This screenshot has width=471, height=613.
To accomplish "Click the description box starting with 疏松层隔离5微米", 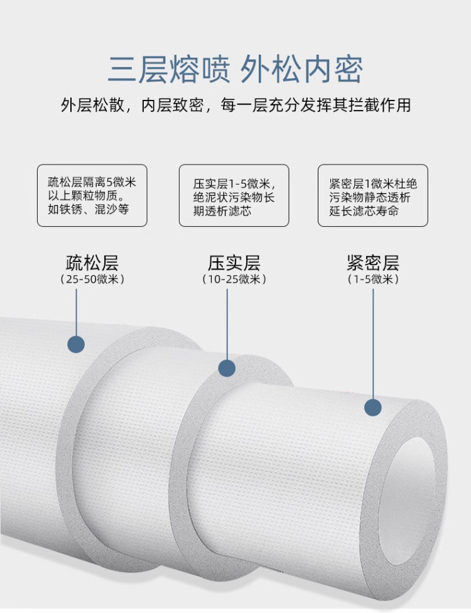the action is pos(92,195).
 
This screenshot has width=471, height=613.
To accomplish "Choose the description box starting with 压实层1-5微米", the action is pos(234,195).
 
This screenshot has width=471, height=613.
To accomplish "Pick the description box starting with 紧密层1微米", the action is pos(373,195).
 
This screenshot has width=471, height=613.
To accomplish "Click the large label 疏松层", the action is pos(92,262).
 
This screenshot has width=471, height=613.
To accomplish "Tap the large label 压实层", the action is pos(234,262).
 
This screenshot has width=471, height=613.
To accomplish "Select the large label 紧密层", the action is pos(373,262).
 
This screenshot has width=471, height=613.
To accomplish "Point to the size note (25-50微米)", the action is pos(92,279).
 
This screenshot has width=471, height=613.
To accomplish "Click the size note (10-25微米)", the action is pos(234,279).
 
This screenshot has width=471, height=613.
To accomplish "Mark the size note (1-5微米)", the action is pos(373,279).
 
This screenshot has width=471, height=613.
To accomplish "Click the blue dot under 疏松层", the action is pos(76,344).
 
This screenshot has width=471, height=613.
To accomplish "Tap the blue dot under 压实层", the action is pos(226,368).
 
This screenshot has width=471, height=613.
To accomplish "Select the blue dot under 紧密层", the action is pos(373,408).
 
